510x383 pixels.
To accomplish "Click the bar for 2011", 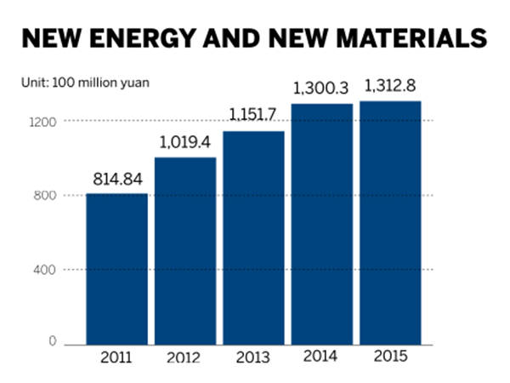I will coord(117,268).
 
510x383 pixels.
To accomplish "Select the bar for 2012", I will coord(185,250).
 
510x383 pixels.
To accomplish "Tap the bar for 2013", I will coord(253,237).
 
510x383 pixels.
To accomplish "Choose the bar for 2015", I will coord(390,222).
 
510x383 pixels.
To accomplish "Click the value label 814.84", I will coord(117,180).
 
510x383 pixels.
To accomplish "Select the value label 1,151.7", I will coord(253,116).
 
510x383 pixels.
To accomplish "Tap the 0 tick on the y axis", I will coord(52,342).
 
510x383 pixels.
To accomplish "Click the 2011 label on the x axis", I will coord(117,357).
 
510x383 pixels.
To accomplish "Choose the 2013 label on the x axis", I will coord(253,357).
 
